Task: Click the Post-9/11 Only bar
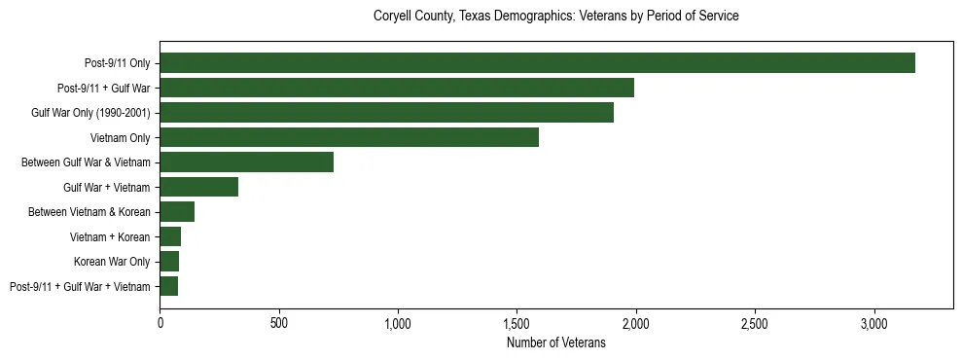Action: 537,63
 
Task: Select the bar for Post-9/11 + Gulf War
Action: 397,88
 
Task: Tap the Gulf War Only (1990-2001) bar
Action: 386,113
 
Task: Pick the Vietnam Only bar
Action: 349,137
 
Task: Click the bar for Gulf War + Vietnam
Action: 199,187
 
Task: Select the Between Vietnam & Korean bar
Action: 177,212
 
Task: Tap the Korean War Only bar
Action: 169,262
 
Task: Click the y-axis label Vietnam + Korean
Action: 110,236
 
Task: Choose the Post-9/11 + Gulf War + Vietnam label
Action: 80,286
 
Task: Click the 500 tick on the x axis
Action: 279,322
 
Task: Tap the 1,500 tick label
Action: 517,322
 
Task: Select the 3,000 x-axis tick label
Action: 874,322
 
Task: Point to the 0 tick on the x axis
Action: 160,322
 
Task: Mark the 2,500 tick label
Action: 755,322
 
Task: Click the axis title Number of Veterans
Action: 556,342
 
